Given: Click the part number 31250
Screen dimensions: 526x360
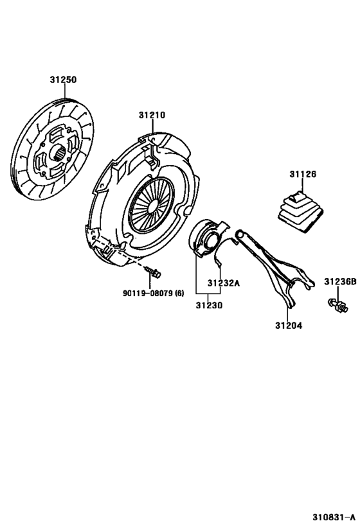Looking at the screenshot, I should tap(63, 80).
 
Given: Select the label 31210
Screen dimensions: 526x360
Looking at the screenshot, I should tap(152, 116).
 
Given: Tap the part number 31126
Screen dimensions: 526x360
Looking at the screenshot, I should tap(303, 174).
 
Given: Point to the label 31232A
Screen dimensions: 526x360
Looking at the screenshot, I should tap(223, 283).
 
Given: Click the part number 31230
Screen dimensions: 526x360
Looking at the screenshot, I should tap(209, 306).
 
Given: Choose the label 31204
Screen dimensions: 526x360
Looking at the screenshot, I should tap(289, 325).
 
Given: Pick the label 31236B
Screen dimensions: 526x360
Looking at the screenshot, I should tap(339, 281).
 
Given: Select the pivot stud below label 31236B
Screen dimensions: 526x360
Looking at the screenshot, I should tap(337, 305).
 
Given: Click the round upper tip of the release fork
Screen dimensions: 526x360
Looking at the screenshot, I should tap(239, 233).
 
